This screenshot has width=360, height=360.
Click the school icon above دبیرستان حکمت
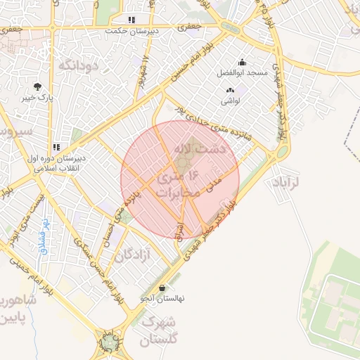point(131,20)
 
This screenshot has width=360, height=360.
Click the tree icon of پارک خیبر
point(37,86)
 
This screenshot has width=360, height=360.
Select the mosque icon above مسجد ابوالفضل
point(243,62)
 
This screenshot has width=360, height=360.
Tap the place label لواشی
point(231,101)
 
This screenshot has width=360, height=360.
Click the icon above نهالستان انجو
point(163,288)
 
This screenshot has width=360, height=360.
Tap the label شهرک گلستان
point(159,331)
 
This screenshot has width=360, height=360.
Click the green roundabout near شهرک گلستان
point(109,342)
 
